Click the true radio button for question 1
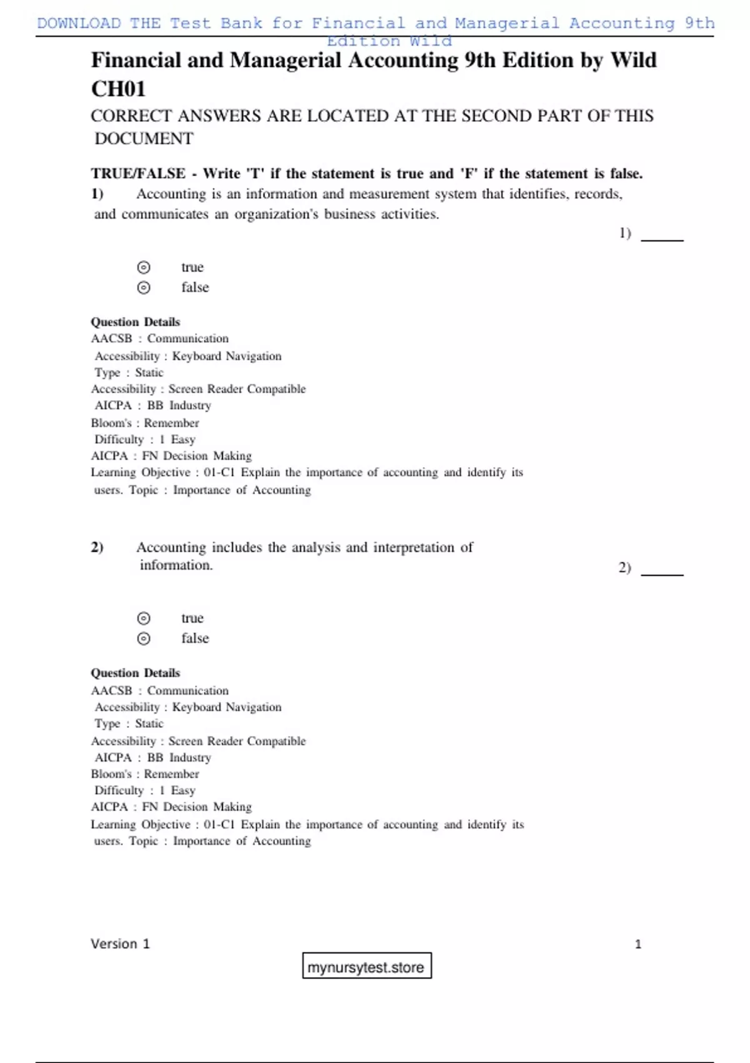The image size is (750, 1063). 144,268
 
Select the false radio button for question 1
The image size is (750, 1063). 144,288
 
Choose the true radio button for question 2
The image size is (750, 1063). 144,618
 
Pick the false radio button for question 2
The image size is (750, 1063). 144,638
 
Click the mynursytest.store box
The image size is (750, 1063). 366,967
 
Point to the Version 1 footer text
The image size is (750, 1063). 120,944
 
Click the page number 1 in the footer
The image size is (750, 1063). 637,944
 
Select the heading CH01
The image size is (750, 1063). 118,89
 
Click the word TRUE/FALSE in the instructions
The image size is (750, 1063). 138,174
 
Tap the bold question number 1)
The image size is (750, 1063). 97,194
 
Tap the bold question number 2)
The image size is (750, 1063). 97,547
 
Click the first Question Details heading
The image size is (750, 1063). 135,322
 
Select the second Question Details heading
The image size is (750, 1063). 135,673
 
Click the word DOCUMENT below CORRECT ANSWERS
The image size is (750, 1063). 144,138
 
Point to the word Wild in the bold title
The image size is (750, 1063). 633,60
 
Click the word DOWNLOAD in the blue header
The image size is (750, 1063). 79,23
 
